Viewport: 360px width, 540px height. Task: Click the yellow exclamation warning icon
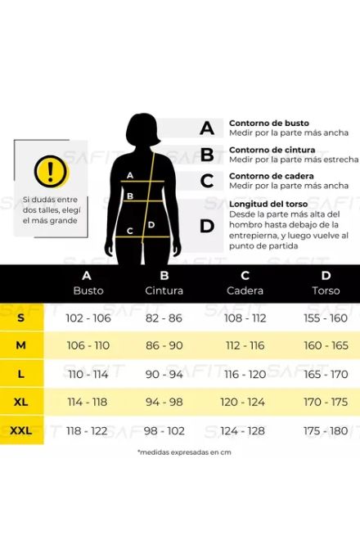[51, 171]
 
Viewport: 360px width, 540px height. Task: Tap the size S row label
[21, 317]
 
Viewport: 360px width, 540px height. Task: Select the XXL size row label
[21, 430]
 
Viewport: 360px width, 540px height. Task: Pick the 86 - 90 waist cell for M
[164, 345]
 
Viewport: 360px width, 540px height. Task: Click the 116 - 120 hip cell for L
[245, 374]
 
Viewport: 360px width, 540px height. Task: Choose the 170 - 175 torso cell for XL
[326, 402]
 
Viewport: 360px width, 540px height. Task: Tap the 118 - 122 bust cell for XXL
[87, 431]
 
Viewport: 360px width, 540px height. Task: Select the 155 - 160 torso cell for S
[326, 318]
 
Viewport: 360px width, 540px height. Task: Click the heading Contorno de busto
[269, 123]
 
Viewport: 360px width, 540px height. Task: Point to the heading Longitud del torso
[268, 204]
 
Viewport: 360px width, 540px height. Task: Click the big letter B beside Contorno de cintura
[207, 155]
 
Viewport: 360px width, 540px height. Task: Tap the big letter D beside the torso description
[207, 227]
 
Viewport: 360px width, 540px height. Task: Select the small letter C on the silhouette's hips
[129, 231]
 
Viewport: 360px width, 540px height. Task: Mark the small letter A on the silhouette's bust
[130, 175]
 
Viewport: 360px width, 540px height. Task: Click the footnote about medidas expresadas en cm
[184, 452]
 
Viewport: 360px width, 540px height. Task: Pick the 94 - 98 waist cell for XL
[164, 402]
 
